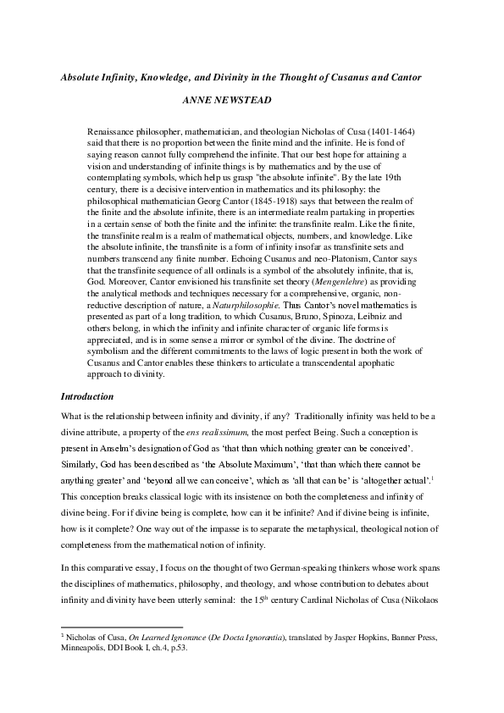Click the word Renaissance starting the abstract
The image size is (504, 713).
pos(113,134)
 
